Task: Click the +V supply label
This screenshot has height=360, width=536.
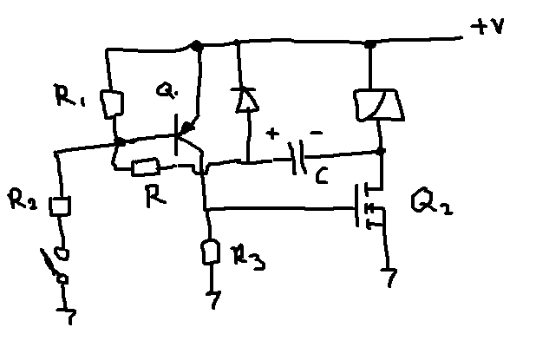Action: [x=487, y=26]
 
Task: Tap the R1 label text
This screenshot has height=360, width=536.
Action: [x=69, y=95]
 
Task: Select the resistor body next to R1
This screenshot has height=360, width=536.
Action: [x=112, y=104]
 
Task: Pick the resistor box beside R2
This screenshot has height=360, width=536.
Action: [x=60, y=206]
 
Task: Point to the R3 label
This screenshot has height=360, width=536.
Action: [x=248, y=258]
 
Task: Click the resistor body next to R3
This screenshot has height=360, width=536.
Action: [x=211, y=252]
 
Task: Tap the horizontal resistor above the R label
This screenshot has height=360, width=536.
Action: [x=146, y=167]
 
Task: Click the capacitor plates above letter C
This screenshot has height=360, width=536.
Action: [x=297, y=158]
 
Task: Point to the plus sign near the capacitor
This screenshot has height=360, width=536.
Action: [x=272, y=134]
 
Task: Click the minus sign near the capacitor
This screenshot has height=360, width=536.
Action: [x=317, y=133]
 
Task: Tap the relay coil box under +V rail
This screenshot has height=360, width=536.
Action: [x=379, y=105]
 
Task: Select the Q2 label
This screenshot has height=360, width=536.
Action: [x=433, y=201]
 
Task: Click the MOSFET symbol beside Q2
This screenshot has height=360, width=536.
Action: [x=369, y=206]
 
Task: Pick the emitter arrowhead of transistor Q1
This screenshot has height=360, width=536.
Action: [x=187, y=128]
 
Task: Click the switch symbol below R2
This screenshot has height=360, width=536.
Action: [x=55, y=264]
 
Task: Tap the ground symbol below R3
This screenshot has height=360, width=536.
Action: [x=213, y=299]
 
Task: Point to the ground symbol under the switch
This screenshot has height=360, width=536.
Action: [x=68, y=316]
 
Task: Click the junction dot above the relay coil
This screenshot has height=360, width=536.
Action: [x=370, y=44]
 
